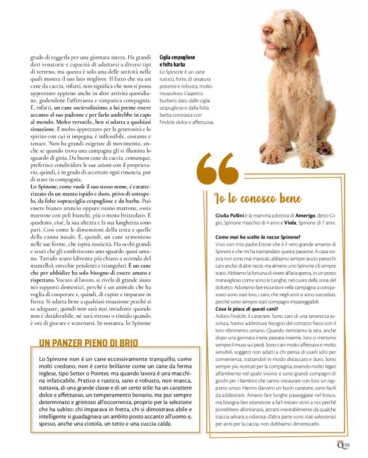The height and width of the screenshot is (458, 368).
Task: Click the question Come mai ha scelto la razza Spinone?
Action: coord(251,236)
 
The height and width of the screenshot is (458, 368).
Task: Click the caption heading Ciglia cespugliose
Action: coord(181,57)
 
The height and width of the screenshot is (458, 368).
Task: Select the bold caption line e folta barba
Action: coord(173,64)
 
